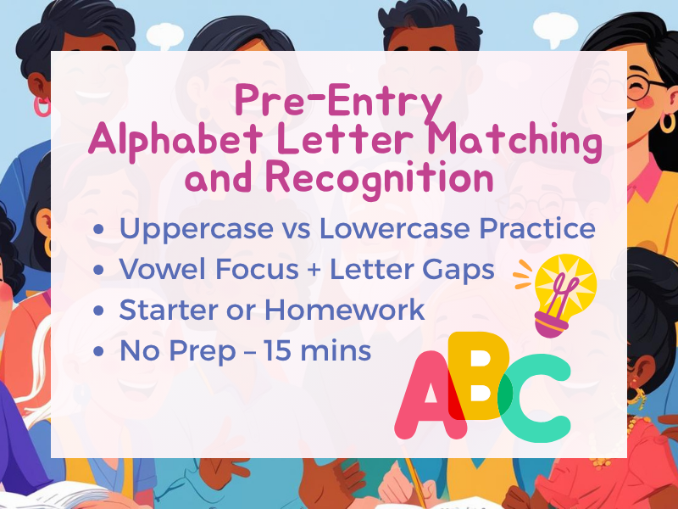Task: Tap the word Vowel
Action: tap(155, 270)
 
